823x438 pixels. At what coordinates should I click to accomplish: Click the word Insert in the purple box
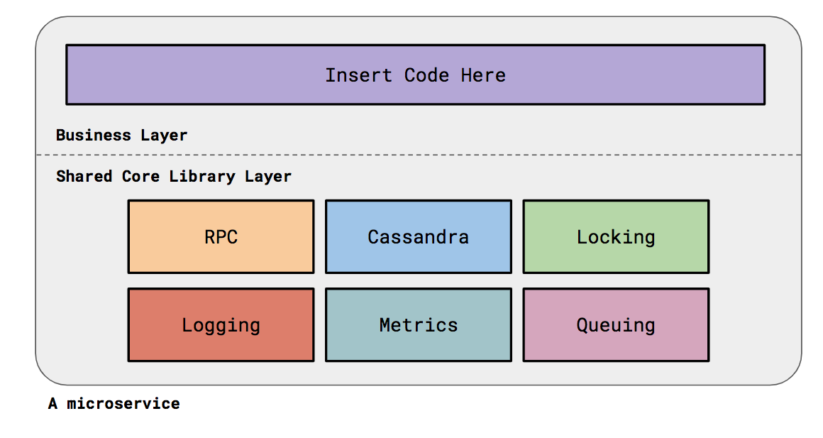[x=358, y=75]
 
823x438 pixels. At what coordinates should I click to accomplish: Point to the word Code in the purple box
[x=426, y=75]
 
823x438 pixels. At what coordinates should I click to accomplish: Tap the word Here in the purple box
[x=483, y=75]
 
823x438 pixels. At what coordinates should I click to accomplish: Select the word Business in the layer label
[x=94, y=135]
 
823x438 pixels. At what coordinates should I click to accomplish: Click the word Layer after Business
[x=165, y=135]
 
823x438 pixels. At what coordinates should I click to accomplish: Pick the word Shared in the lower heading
[x=84, y=176]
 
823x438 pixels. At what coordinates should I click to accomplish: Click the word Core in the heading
[x=140, y=176]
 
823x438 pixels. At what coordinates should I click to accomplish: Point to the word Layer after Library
[x=268, y=176]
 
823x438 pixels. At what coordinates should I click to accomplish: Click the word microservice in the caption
[x=123, y=404]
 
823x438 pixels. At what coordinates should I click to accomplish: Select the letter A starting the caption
[x=53, y=404]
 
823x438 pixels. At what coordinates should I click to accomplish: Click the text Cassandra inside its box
[x=418, y=237]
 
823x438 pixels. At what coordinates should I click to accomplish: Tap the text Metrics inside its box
[x=418, y=325]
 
